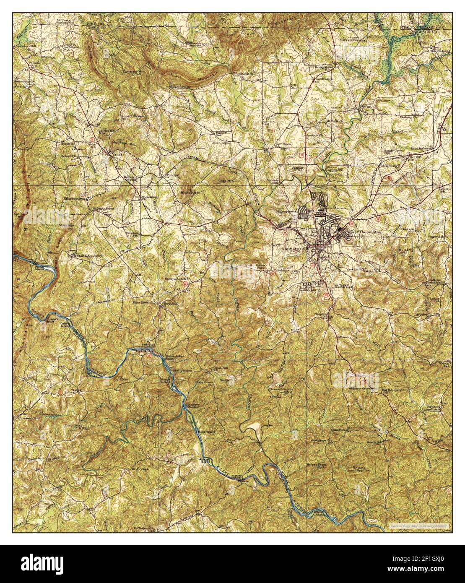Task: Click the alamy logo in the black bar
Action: pyautogui.click(x=42, y=564)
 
